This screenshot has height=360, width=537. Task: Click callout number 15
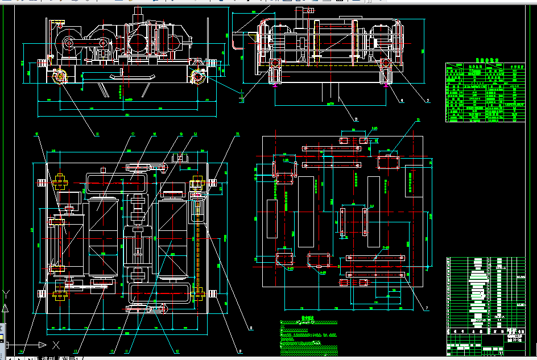click(37, 135)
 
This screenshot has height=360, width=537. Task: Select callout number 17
click(133, 135)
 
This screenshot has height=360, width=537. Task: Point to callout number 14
click(20, 351)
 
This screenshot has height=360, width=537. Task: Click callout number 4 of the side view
click(402, 100)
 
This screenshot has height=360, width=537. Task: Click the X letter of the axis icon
click(56, 345)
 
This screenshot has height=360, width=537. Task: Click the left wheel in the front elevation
click(59, 76)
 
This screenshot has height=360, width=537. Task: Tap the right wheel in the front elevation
click(199, 76)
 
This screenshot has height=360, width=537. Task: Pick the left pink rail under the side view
click(275, 85)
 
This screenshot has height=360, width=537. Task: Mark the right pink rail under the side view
click(386, 85)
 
